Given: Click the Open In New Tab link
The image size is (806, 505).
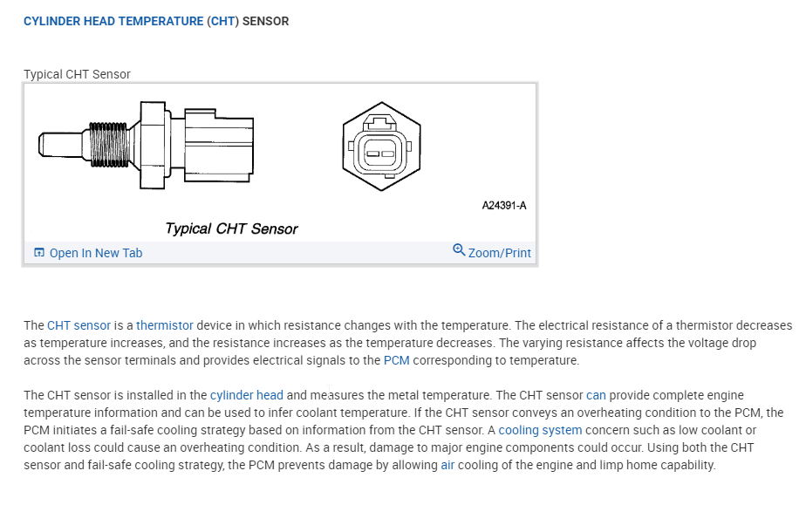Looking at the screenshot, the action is click(95, 253).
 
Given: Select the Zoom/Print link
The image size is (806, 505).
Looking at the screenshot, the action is click(499, 253).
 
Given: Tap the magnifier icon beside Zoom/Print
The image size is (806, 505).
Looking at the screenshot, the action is click(459, 251).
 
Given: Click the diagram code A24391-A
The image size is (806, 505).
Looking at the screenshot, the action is click(504, 207).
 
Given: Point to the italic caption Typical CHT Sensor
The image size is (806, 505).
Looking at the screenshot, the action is click(231, 229).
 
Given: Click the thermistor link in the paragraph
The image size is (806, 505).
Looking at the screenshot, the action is click(164, 325).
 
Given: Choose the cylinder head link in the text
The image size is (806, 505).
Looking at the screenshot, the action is click(246, 395).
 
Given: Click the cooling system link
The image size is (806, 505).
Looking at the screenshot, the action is click(540, 430).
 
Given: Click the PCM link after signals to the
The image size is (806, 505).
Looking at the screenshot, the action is click(396, 360).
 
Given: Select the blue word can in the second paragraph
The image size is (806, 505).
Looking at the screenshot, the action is click(596, 395).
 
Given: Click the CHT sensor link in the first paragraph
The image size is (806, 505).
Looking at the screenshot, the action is click(79, 325).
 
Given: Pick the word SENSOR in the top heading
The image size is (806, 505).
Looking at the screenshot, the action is click(265, 21).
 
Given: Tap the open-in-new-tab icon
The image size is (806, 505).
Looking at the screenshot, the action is click(38, 253).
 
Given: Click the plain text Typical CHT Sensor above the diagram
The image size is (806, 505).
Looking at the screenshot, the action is click(77, 74).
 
